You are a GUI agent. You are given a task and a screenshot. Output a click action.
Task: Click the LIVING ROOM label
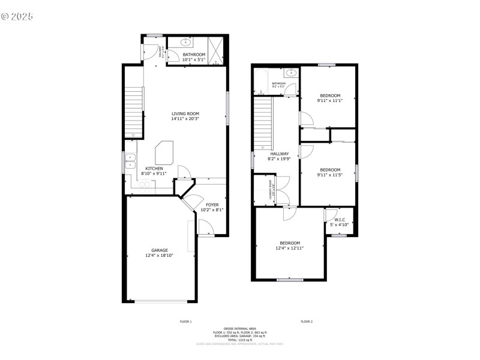point(185,113)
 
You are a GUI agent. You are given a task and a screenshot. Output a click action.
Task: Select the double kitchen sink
point(130,160)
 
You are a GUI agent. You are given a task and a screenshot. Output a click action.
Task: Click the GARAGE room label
point(160,250)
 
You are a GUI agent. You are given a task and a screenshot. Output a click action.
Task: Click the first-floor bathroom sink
point(187,43)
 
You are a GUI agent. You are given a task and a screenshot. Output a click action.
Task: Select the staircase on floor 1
point(134,112)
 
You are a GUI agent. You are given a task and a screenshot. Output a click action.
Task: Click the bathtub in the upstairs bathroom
point(262,82)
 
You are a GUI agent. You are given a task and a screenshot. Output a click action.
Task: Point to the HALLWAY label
point(280,154)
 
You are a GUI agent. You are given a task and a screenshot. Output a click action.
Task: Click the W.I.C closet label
point(339,220)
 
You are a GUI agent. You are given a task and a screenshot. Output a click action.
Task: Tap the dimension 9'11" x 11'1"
point(330,101)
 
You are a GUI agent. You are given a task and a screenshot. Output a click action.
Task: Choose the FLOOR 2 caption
point(307,322)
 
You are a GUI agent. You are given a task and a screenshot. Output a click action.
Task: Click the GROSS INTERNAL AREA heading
point(240,328)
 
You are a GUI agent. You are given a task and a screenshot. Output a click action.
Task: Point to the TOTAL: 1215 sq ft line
point(240,340)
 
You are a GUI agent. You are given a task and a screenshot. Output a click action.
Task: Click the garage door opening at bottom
point(160,301)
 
